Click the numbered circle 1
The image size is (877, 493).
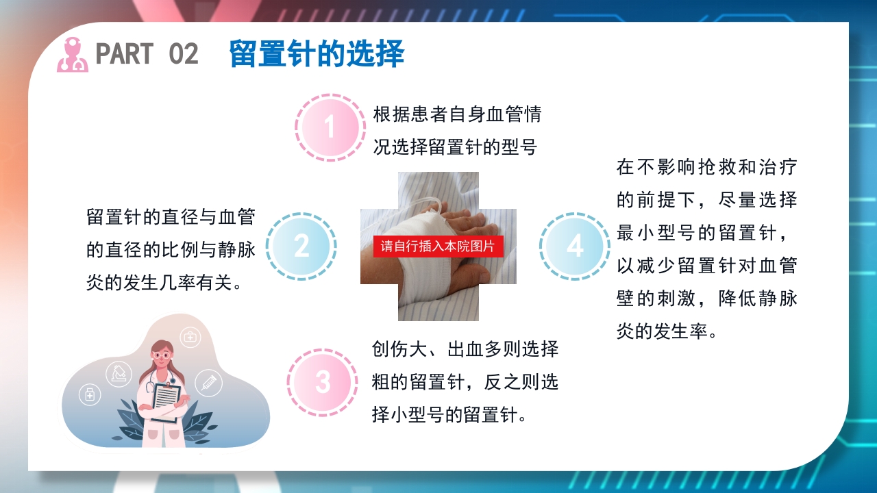330,127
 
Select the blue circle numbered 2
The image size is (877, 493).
301,246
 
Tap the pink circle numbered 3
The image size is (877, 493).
322,383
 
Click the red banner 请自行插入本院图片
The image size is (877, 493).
438,246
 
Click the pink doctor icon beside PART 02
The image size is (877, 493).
72,55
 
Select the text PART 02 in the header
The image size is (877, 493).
147,54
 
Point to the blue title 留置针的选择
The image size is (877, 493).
316,54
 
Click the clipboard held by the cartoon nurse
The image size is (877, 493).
166,401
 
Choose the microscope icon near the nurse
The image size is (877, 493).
119,373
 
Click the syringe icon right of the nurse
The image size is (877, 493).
208,382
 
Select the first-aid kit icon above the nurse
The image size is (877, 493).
190,337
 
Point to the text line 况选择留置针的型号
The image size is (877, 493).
454,147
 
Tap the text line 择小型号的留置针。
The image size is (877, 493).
449,414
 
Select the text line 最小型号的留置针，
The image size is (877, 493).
706,233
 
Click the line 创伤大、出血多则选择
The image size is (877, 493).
465,349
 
